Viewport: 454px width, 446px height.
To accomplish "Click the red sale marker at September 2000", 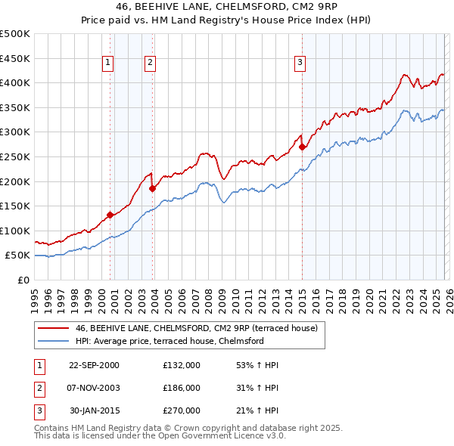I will pos(110,215).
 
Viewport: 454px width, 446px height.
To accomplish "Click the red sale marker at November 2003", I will pos(152,187).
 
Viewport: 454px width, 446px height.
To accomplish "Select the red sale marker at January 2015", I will pos(302,147).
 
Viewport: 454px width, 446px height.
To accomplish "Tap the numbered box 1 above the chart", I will pos(108,63).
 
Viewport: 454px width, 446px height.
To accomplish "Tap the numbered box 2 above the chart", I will pos(151,63).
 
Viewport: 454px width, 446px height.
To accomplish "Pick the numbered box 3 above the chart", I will pos(300,63).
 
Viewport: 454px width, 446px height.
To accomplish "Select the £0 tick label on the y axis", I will pos(23,280).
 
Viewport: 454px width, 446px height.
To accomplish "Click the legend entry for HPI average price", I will pos(169,341).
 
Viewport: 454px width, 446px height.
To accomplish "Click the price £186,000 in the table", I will pos(181,388).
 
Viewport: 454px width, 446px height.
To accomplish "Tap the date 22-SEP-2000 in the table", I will pos(94,365).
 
